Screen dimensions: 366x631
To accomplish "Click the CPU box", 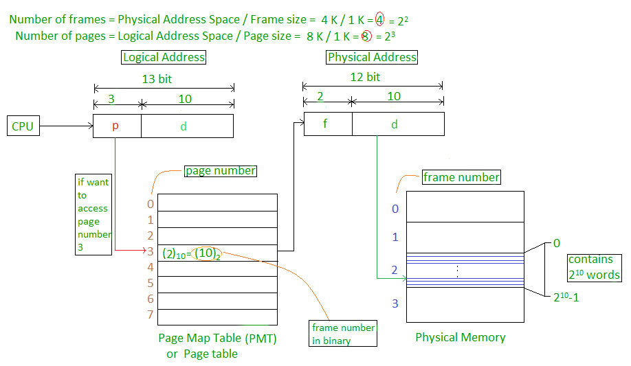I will point(23,126).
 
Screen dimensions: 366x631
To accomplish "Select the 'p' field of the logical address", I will point(117,126).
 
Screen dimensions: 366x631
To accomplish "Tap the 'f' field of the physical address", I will point(327,124).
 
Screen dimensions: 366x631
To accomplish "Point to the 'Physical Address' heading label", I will point(372,58).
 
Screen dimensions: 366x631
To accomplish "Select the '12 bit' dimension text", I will point(364,77).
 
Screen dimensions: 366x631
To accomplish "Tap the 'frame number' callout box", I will point(461,177).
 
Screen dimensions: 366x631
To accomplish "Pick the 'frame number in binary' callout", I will point(343,333).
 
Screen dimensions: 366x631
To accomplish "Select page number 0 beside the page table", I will point(151,204).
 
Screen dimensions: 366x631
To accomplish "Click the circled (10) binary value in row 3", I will point(207,254).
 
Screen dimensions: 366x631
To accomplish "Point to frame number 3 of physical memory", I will point(395,303).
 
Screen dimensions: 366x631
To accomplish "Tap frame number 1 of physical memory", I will point(395,238).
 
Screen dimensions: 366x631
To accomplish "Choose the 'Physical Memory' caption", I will point(461,337).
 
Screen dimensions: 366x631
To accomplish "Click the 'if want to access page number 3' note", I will point(93,215).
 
